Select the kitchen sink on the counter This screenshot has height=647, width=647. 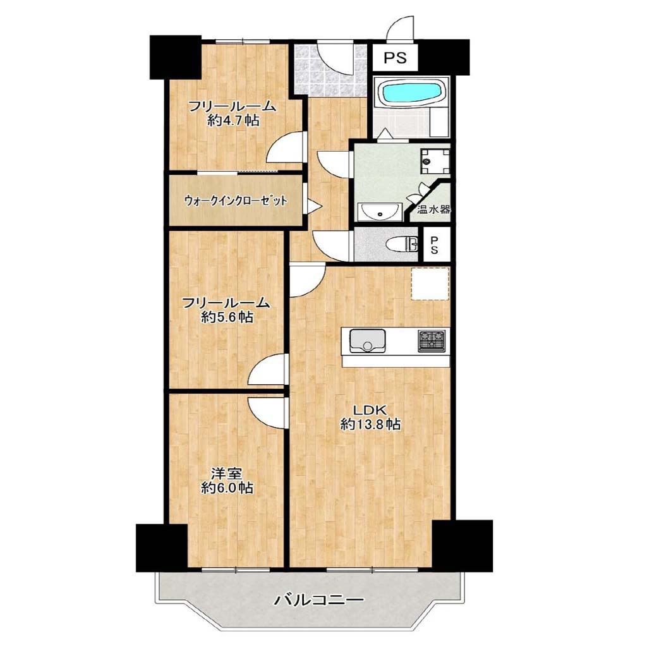point(368,340)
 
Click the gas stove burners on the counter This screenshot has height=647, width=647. point(432,341)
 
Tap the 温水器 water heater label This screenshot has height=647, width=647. point(433,209)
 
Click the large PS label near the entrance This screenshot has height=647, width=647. point(396,57)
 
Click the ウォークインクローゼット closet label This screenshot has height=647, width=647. point(236,201)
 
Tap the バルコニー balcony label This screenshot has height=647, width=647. point(319,600)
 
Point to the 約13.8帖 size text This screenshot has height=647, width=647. point(370,424)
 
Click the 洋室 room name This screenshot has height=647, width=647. point(227,473)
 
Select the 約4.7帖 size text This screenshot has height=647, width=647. point(234,121)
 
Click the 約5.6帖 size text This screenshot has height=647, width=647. point(227,317)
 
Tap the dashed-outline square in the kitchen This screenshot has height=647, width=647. point(430,284)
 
